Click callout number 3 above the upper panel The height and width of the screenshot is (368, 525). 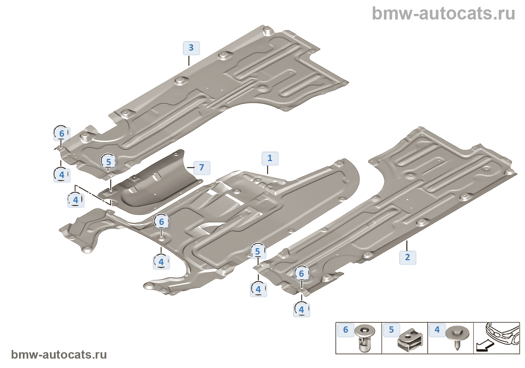(191, 48)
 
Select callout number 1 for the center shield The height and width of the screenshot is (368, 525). (270, 158)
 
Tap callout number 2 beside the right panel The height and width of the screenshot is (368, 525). (407, 257)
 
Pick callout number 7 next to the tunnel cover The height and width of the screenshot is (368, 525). (202, 167)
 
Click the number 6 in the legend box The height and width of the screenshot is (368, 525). (345, 330)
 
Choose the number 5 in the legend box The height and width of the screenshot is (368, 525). (391, 330)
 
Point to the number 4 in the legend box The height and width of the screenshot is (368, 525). (437, 330)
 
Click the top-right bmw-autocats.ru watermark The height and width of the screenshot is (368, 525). (443, 14)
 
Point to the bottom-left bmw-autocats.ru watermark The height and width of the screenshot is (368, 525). (59, 355)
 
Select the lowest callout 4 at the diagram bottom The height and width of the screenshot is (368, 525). (301, 310)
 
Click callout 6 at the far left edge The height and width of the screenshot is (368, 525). (61, 133)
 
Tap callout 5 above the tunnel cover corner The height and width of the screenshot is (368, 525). (108, 162)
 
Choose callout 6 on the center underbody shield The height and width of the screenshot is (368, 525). (162, 222)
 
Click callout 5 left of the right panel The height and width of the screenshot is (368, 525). (258, 252)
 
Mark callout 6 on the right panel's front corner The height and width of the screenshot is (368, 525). (301, 274)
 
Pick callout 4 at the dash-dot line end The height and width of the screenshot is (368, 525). (76, 200)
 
